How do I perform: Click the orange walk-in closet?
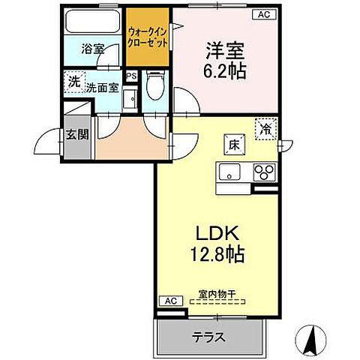[x=148, y=37]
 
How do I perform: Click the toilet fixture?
[x=155, y=86]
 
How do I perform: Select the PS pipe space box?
[x=131, y=76]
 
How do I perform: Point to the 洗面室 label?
[x=100, y=87]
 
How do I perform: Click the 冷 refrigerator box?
[x=265, y=128]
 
